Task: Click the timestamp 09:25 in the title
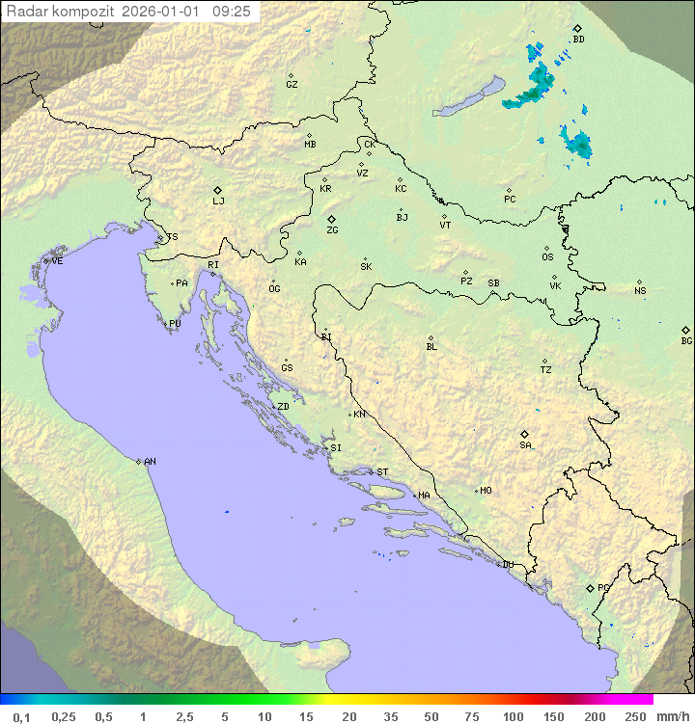tap(232, 11)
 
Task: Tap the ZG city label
tap(332, 230)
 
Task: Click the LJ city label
tap(218, 201)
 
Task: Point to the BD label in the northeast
tap(578, 40)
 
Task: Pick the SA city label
tap(525, 444)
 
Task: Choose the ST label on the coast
tap(382, 472)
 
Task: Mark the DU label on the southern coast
tap(507, 565)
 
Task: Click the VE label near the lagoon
tap(57, 261)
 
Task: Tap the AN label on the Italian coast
tap(150, 462)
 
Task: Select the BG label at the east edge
tap(686, 340)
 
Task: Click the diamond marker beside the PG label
tap(590, 587)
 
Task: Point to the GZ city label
tap(292, 85)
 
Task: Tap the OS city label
tap(547, 257)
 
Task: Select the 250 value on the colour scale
tap(635, 716)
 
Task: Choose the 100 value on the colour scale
tap(513, 716)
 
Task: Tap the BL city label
tap(431, 347)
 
